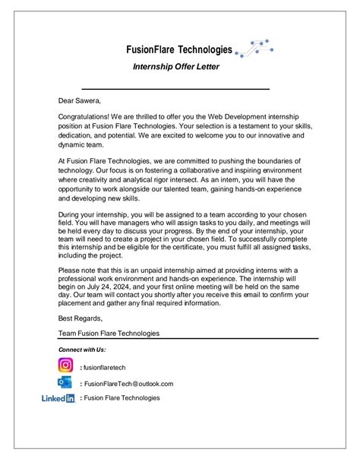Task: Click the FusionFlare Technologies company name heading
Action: (179, 49)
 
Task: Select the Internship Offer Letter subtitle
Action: (175, 67)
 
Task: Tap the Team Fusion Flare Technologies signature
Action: (109, 333)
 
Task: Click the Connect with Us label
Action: (82, 349)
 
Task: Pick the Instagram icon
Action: (66, 366)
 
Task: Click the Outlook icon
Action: (66, 383)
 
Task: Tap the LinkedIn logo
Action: (58, 398)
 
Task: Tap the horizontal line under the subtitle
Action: (175, 88)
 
